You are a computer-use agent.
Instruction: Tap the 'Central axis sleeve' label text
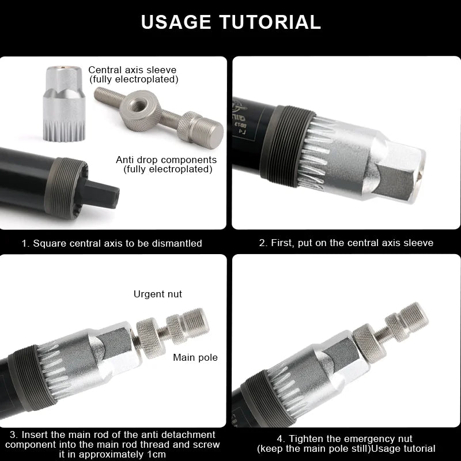click(x=133, y=70)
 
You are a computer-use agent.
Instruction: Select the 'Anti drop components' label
click(x=167, y=160)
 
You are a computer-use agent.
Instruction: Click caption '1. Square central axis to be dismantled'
click(x=112, y=243)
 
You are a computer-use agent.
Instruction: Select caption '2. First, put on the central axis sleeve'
click(x=346, y=243)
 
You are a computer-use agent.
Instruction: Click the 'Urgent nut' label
click(x=158, y=294)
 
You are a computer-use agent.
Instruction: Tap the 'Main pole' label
click(x=195, y=357)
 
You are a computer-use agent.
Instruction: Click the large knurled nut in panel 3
click(x=152, y=337)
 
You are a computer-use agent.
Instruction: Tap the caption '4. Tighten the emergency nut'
click(x=346, y=444)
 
